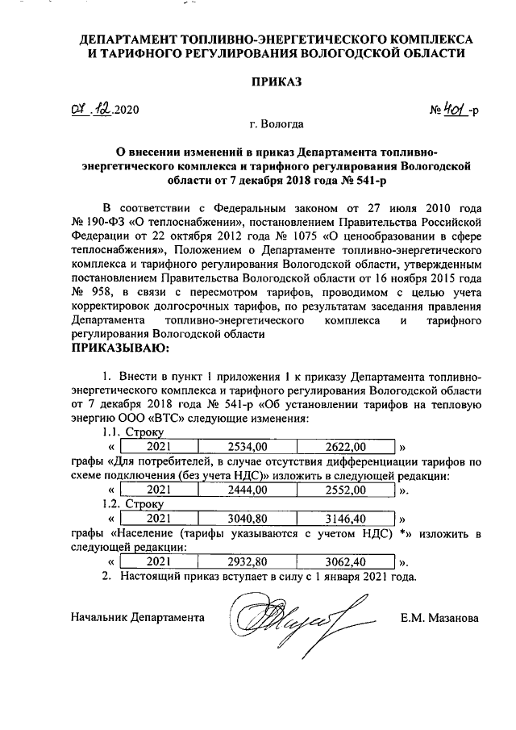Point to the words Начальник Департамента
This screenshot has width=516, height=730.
(136, 618)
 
